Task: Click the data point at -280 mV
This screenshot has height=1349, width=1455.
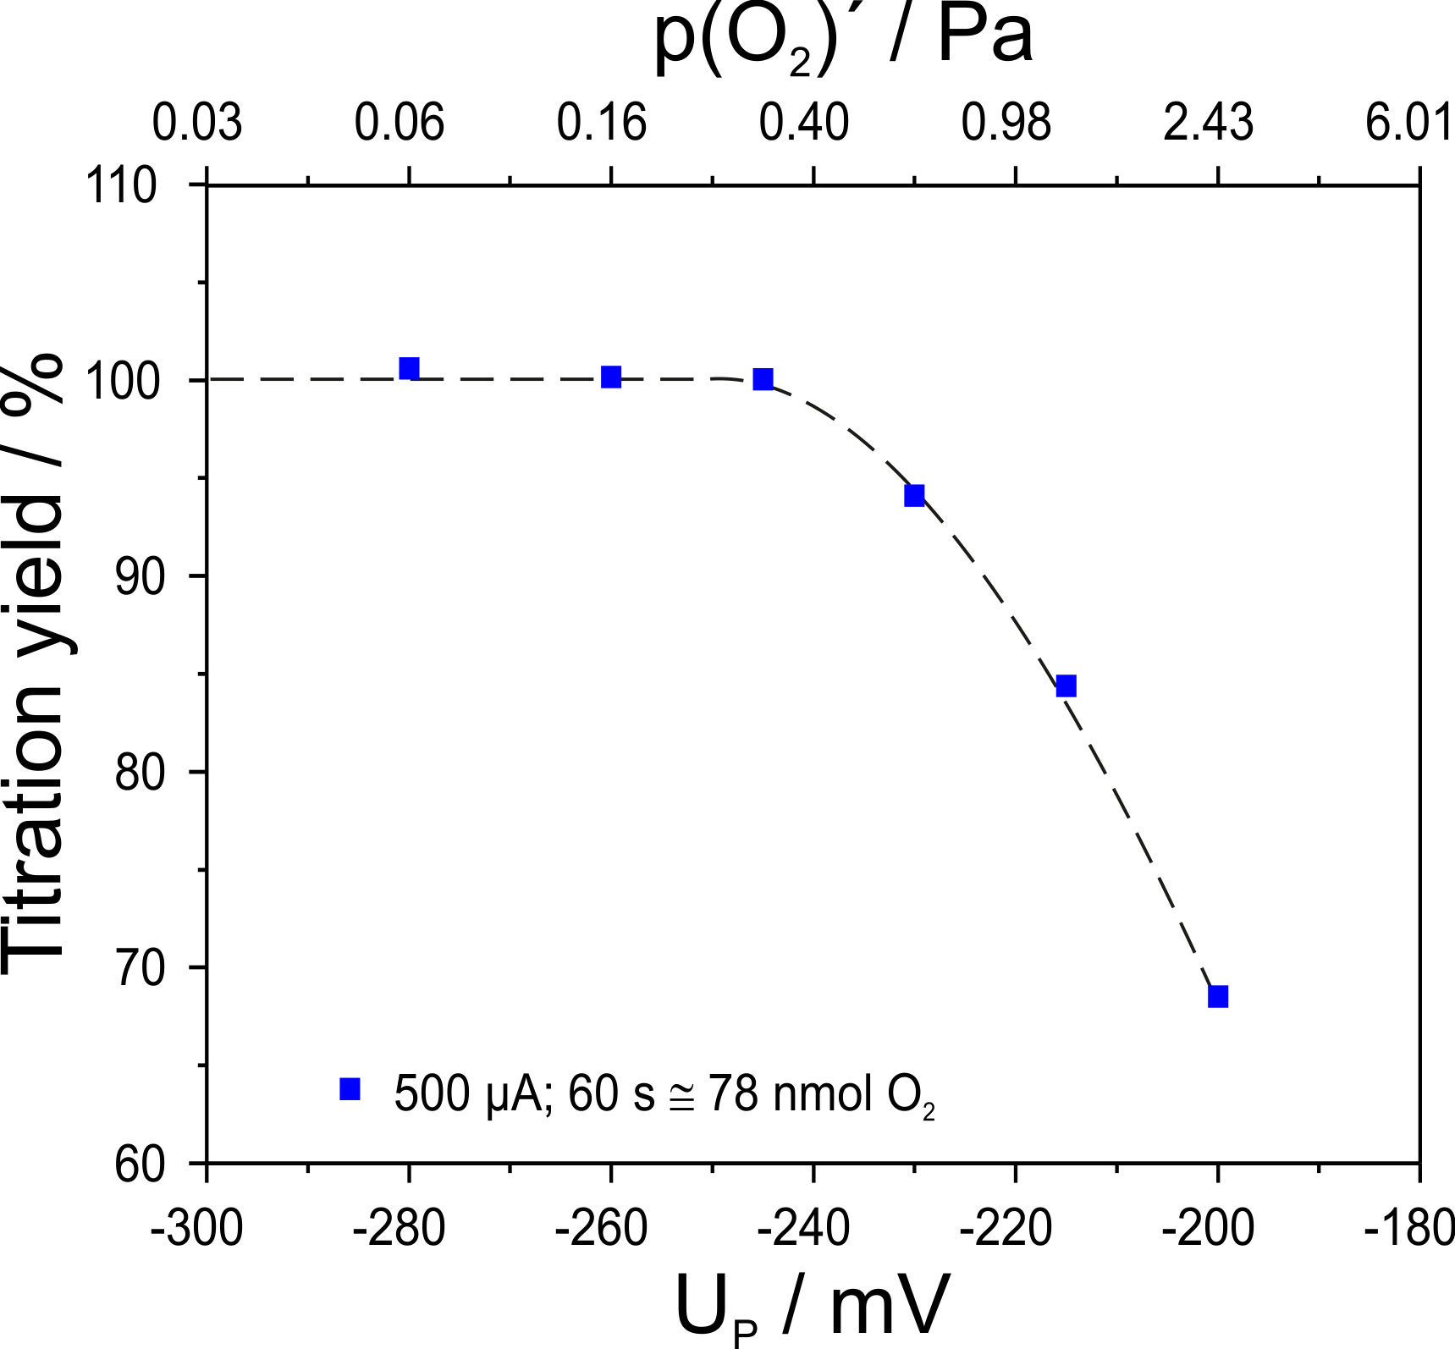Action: [410, 368]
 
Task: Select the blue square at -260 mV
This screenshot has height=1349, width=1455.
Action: [611, 377]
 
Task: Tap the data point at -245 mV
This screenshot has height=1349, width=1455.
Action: [763, 378]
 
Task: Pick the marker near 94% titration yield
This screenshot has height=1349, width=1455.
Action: [914, 495]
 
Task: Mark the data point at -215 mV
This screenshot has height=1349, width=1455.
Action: [1066, 686]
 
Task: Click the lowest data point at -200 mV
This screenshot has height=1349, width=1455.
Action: [1218, 996]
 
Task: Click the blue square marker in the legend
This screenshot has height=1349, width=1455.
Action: [350, 1089]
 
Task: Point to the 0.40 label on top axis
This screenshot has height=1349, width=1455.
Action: [803, 123]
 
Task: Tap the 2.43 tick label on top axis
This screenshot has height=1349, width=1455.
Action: [1208, 123]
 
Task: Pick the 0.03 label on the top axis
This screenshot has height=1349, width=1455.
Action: [197, 123]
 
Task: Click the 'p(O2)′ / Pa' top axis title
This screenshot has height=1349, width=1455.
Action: [843, 38]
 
